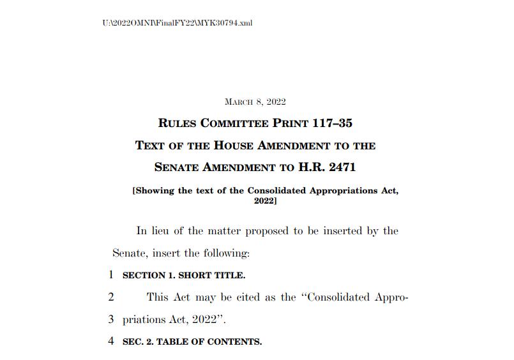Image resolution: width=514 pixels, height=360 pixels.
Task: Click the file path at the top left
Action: click(x=177, y=23)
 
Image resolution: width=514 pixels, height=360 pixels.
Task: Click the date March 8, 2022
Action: click(x=255, y=101)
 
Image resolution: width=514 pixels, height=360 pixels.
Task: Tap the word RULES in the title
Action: click(x=177, y=123)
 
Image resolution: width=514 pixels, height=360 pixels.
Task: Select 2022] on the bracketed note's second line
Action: click(x=265, y=200)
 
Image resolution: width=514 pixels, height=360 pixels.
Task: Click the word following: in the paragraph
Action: click(x=226, y=253)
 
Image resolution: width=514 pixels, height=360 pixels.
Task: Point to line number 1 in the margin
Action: click(x=110, y=275)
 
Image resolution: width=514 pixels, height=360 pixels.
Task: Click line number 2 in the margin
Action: click(x=110, y=297)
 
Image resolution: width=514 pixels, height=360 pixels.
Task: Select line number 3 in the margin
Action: click(x=110, y=319)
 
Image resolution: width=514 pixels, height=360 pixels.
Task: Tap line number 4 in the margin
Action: click(x=110, y=341)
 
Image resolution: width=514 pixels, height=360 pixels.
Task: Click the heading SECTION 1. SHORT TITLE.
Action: click(x=184, y=276)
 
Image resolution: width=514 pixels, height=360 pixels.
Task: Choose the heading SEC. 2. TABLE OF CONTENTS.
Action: click(x=192, y=341)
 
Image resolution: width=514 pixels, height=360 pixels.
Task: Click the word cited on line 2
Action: click(x=245, y=297)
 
